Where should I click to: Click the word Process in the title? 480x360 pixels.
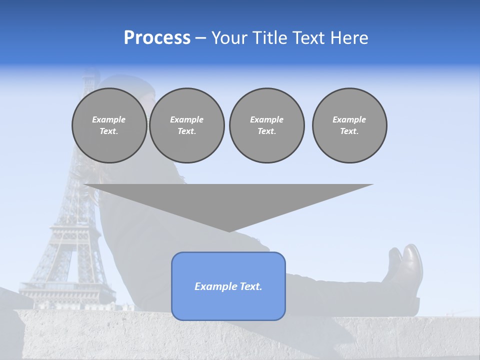click(157, 38)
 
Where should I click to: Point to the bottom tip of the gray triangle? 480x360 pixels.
click(229, 230)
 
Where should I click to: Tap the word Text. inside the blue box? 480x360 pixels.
click(250, 286)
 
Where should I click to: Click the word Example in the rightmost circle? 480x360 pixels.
click(349, 119)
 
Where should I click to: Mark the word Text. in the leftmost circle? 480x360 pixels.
click(109, 131)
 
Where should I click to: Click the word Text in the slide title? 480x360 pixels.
click(306, 38)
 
